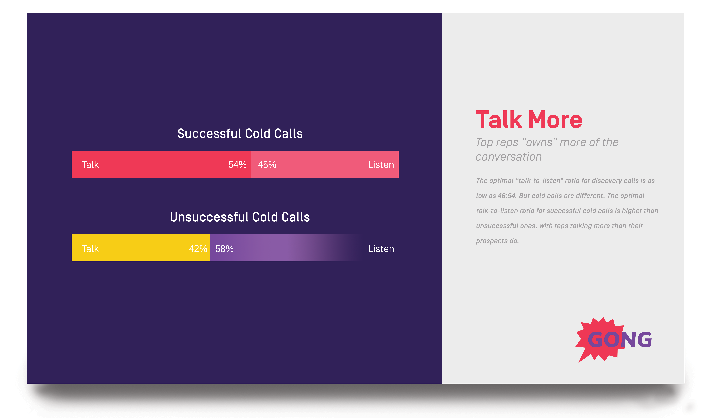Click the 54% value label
pyautogui.click(x=237, y=165)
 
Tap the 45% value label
pyautogui.click(x=267, y=165)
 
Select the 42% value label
pyautogui.click(x=198, y=249)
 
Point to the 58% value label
pyautogui.click(x=224, y=249)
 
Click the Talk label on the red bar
pyautogui.click(x=90, y=165)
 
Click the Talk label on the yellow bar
pyautogui.click(x=90, y=249)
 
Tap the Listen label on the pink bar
pyautogui.click(x=381, y=165)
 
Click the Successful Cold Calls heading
pyautogui.click(x=240, y=134)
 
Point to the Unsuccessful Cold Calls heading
pyautogui.click(x=240, y=217)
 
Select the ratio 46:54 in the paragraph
pyautogui.click(x=506, y=196)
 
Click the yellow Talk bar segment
pyautogui.click(x=141, y=248)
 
